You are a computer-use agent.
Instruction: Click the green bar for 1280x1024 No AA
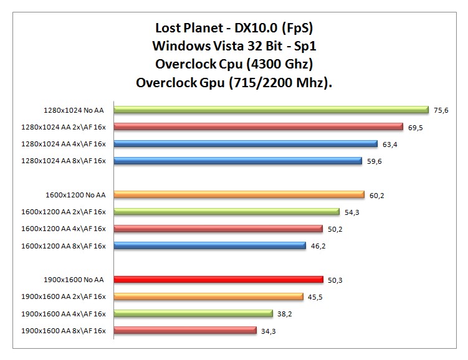[271, 110]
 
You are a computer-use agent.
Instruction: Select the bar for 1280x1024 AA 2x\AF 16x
[258, 127]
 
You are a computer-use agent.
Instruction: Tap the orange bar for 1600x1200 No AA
[239, 195]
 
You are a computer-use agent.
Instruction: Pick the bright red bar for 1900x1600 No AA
[218, 280]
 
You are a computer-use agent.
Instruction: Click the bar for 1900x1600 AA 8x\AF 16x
[185, 330]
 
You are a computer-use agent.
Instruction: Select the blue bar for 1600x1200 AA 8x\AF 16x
[209, 245]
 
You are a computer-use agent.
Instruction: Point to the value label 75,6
[441, 110]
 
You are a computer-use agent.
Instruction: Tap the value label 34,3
[269, 330]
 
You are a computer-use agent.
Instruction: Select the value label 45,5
[315, 296]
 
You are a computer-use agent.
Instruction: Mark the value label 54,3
[351, 212]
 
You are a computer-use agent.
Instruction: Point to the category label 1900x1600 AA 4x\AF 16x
[64, 313]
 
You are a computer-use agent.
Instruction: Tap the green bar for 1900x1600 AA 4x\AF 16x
[193, 313]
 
